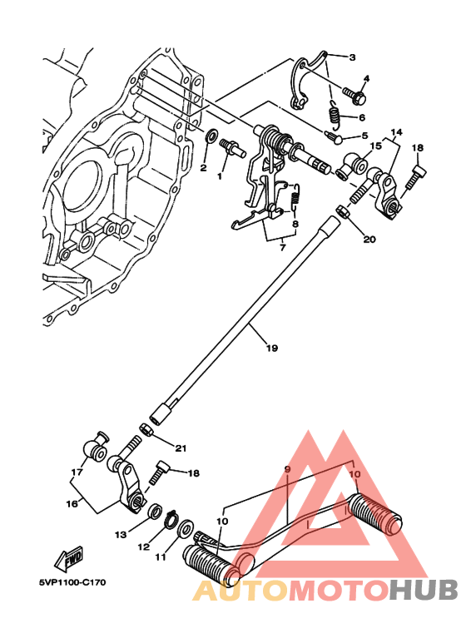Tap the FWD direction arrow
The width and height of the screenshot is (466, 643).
66,555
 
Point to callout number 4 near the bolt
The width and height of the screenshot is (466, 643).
365,80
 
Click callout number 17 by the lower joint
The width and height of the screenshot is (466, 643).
78,472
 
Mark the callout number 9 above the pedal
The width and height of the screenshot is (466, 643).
287,470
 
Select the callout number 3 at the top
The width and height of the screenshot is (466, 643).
352,57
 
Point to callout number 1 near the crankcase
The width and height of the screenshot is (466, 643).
220,176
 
